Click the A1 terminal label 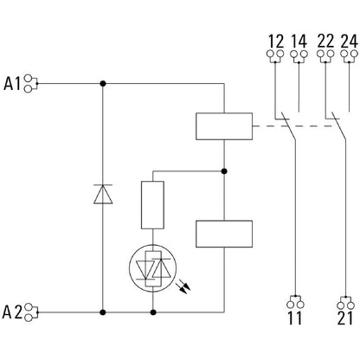(13, 84)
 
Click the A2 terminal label (13, 309)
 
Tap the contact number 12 (276, 40)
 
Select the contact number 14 (299, 40)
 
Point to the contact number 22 (326, 40)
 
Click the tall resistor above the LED (153, 206)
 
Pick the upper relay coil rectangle (223, 127)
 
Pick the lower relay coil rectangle (223, 234)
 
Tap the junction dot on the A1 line (103, 84)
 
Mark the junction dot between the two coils (223, 170)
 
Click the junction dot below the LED (153, 309)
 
